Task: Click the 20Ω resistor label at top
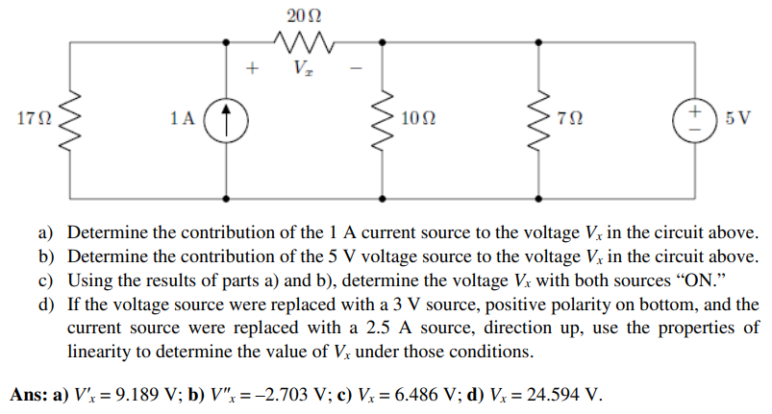(x=305, y=14)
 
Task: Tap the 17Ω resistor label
(x=32, y=119)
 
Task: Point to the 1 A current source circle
(x=227, y=119)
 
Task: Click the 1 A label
(x=181, y=119)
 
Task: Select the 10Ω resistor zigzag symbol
(x=384, y=119)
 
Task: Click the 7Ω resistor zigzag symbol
(x=539, y=119)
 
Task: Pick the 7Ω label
(x=569, y=119)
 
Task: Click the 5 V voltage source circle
(x=695, y=119)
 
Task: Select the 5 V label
(x=739, y=119)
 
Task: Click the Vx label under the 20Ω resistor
(x=303, y=70)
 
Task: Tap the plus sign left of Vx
(x=252, y=69)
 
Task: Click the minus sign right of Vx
(x=354, y=69)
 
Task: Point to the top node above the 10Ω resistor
(x=384, y=41)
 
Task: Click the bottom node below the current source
(x=227, y=197)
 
